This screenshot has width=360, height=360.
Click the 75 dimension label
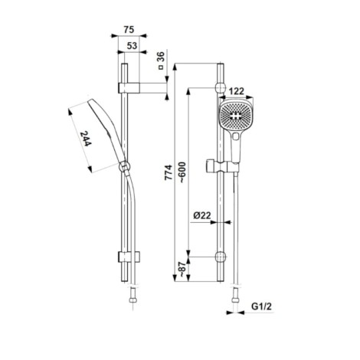129,30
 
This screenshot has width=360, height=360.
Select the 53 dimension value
132,46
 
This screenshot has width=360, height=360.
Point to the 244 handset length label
86,139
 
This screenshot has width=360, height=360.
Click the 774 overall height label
169,173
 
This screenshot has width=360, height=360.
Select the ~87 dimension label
182,269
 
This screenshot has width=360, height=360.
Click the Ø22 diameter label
202,215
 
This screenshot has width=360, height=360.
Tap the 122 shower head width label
236,91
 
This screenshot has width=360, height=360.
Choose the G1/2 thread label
262,306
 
